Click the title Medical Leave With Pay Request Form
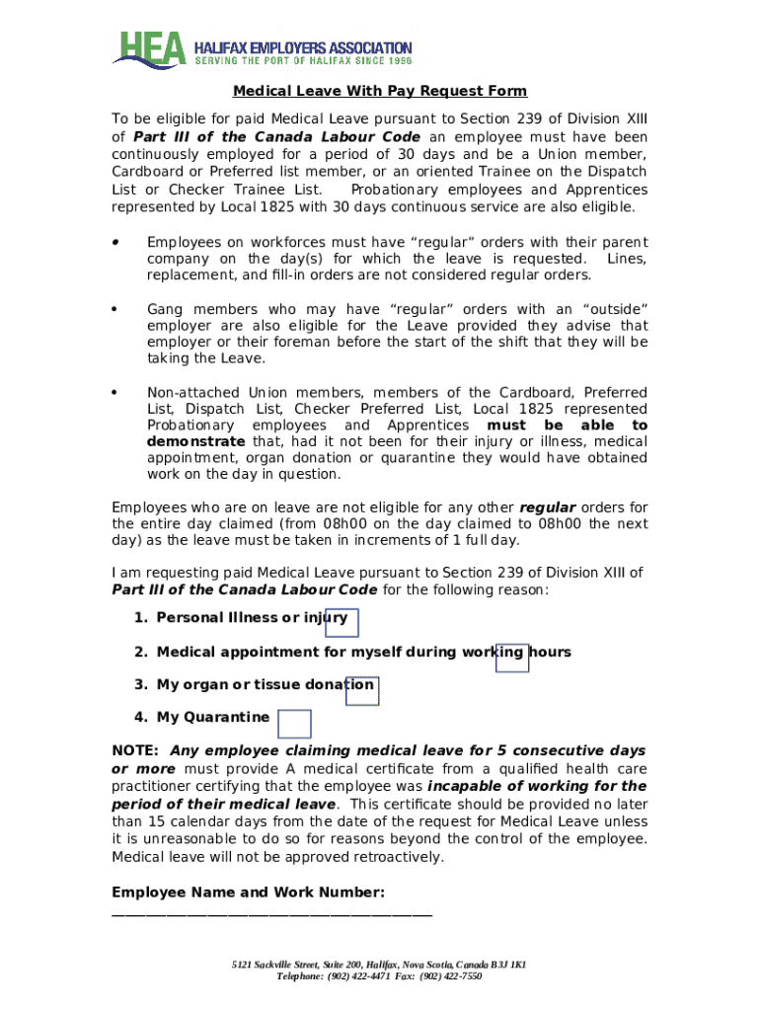click(x=380, y=92)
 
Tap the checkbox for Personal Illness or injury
click(x=342, y=623)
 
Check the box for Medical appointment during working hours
click(x=512, y=657)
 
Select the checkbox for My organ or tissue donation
click(x=362, y=691)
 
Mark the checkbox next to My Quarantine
click(x=294, y=724)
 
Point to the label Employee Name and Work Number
click(x=248, y=893)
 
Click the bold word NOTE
click(x=135, y=750)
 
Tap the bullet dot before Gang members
click(x=116, y=310)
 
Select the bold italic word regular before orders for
click(x=548, y=507)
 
